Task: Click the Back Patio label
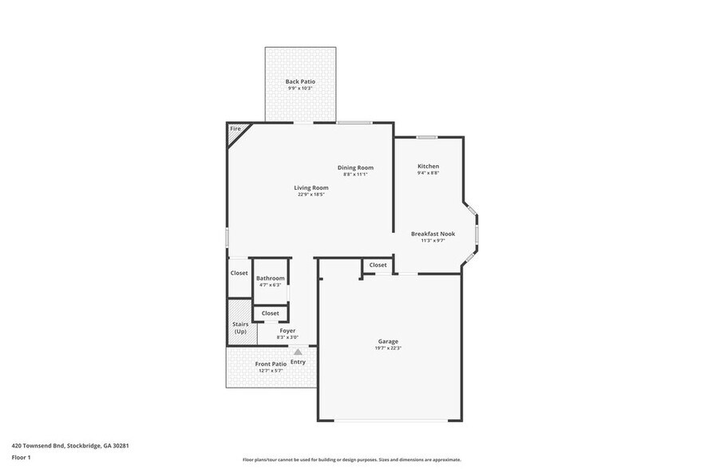[299, 81]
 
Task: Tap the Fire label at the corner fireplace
[235, 128]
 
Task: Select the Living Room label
[310, 187]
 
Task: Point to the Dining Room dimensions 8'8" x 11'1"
[355, 174]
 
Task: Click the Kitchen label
[428, 166]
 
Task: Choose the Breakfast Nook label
[433, 233]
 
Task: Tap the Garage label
[388, 341]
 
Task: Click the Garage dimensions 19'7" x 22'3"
[388, 349]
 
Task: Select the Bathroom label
[270, 278]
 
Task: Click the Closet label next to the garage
[378, 265]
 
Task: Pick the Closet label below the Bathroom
[270, 313]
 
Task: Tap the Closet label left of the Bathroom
[239, 273]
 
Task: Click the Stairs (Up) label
[240, 328]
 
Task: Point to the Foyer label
[287, 330]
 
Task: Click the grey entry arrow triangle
[298, 351]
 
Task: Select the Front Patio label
[271, 364]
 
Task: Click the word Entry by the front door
[298, 362]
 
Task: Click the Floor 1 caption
[21, 457]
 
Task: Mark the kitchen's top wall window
[425, 137]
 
